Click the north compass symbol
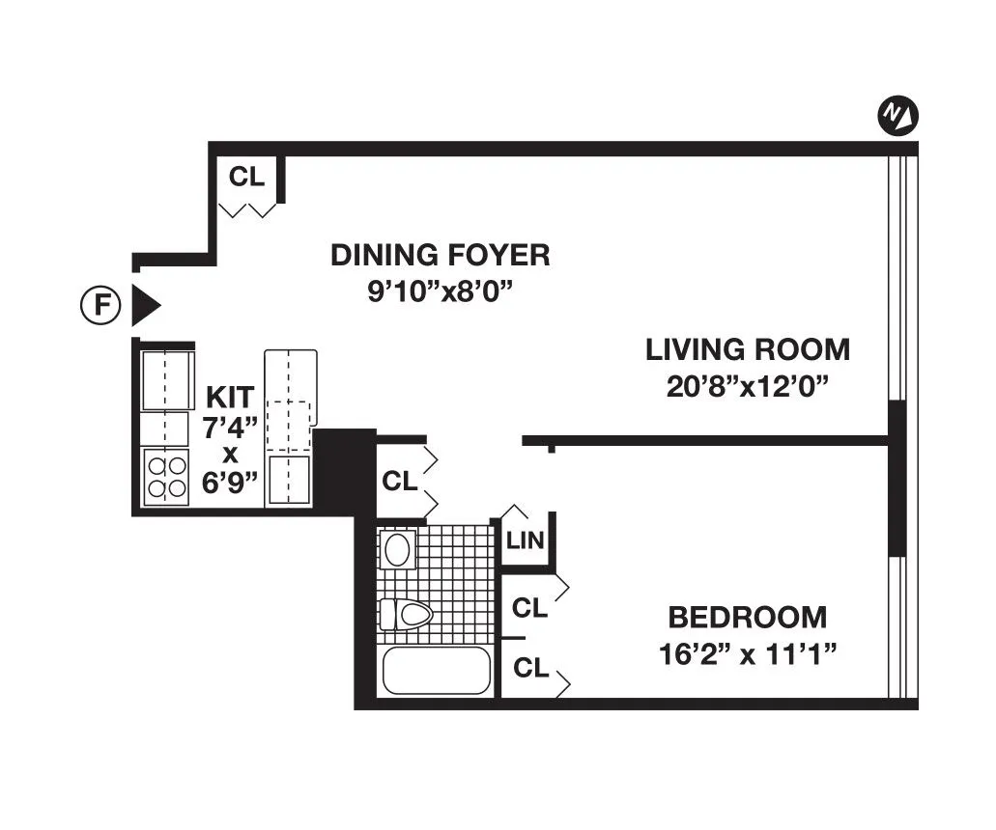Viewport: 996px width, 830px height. [897, 117]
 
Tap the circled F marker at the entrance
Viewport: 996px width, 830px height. [100, 306]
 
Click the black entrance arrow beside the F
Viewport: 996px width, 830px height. [145, 306]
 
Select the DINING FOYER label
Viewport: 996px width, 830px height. [441, 256]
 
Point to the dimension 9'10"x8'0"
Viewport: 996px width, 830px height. [441, 290]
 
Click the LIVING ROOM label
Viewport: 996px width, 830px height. [748, 349]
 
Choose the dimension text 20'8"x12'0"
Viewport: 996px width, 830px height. [748, 386]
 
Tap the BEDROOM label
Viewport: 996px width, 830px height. [748, 617]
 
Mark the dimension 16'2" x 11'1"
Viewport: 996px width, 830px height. [748, 654]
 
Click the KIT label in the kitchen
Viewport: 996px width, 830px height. [230, 397]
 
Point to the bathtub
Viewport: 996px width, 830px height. [437, 671]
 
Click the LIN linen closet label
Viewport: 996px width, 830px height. [525, 540]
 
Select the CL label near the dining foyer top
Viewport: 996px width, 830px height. [246, 177]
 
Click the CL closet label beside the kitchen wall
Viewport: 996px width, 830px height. [400, 480]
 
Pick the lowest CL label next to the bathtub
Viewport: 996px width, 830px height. [531, 668]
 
